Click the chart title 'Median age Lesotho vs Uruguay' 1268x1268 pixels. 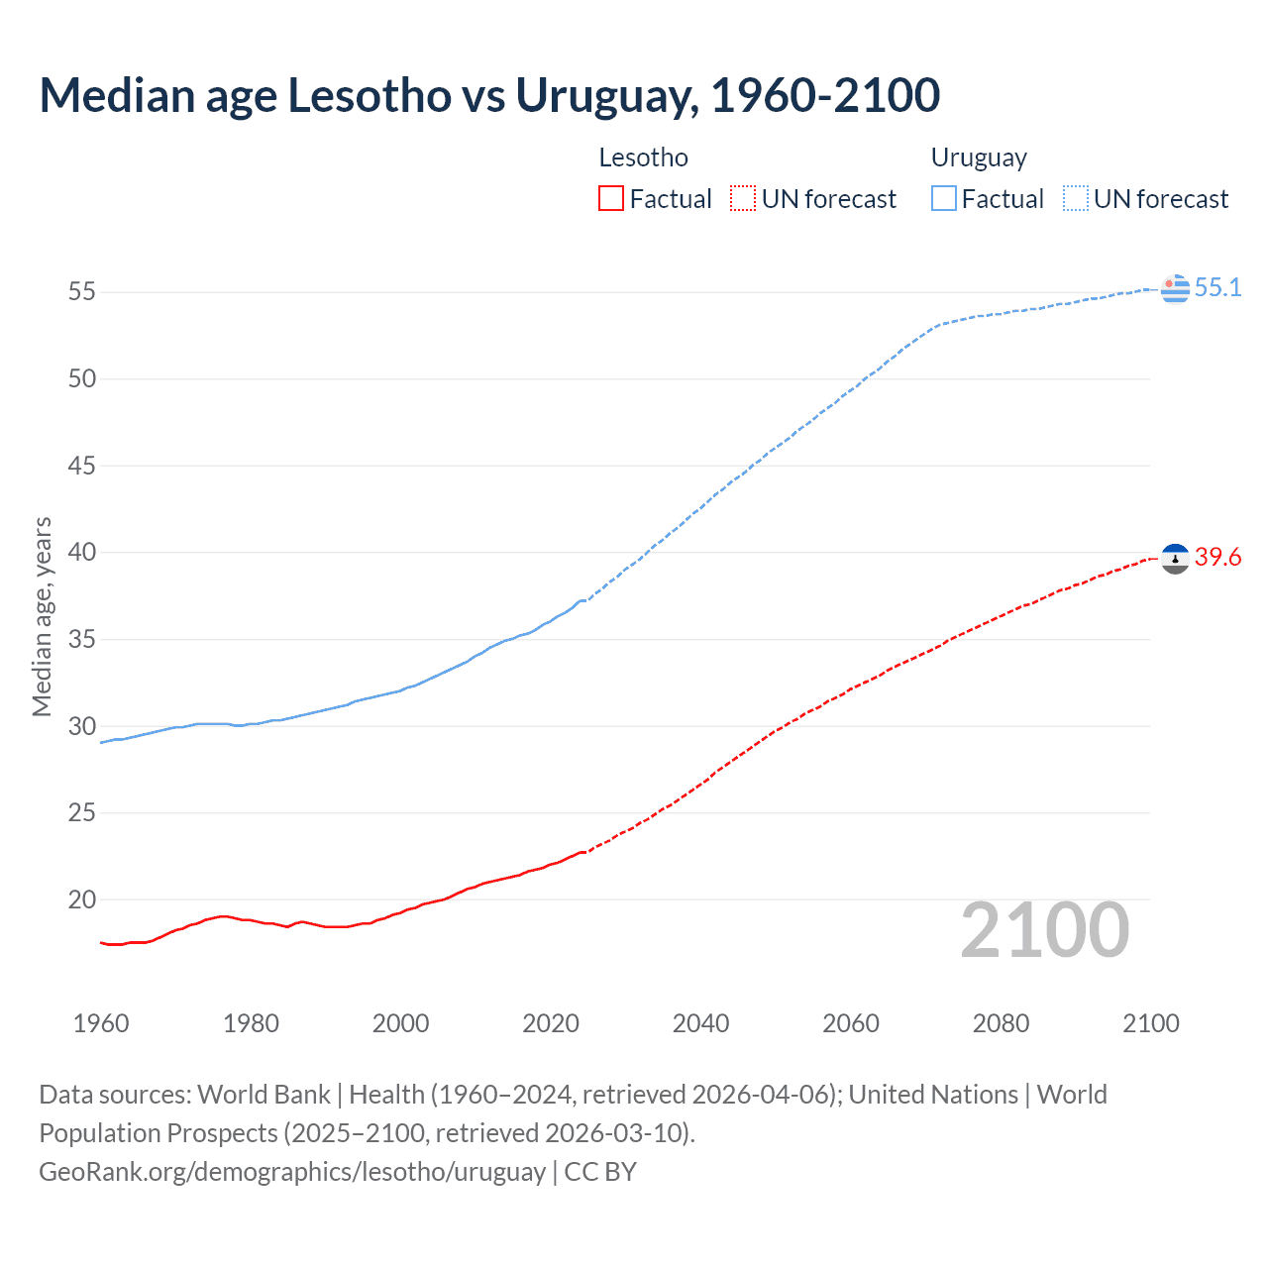pyautogui.click(x=489, y=96)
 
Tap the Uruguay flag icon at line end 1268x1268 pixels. pyautogui.click(x=1175, y=288)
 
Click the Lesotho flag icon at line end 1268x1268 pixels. pyautogui.click(x=1175, y=559)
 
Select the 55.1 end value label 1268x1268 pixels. pyautogui.click(x=1217, y=287)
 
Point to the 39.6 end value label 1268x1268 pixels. pyautogui.click(x=1217, y=558)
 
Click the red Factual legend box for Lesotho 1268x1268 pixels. pyautogui.click(x=611, y=199)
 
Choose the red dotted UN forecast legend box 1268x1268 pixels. pyautogui.click(x=743, y=199)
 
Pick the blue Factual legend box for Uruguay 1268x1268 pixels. pyautogui.click(x=943, y=199)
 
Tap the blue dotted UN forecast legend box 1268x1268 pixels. pyautogui.click(x=1075, y=199)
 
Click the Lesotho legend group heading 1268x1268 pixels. pyautogui.click(x=643, y=158)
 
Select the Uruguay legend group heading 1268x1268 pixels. pyautogui.click(x=978, y=158)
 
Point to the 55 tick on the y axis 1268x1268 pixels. pyautogui.click(x=82, y=291)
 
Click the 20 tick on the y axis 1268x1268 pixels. pyautogui.click(x=82, y=899)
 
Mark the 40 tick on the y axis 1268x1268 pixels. pyautogui.click(x=82, y=552)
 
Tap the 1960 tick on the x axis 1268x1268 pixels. pyautogui.click(x=101, y=1023)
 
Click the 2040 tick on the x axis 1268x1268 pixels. pyautogui.click(x=700, y=1023)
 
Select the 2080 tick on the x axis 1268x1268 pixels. pyautogui.click(x=1001, y=1023)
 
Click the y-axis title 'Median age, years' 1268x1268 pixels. pyautogui.click(x=42, y=616)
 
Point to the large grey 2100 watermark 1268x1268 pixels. pyautogui.click(x=1044, y=929)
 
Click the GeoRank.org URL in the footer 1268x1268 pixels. pyautogui.click(x=292, y=1172)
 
